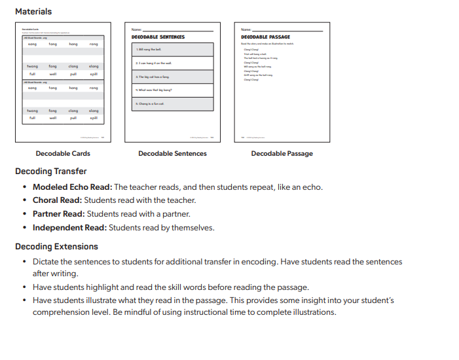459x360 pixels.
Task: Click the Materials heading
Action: [33, 12]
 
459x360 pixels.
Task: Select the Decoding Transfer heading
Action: [51, 171]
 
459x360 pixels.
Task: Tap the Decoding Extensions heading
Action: [57, 247]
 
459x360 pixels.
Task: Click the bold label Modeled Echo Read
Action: [72, 187]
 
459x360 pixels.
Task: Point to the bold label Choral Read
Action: [58, 200]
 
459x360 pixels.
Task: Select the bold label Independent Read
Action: [69, 228]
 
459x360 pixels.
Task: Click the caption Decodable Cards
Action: [63, 154]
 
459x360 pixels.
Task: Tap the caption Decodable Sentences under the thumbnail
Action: [172, 154]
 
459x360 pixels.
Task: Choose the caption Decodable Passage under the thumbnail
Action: [282, 154]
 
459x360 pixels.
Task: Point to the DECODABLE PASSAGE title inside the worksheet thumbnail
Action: [265, 37]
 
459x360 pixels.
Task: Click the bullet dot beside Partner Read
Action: [24, 214]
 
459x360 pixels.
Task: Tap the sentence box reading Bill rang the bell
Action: [172, 50]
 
